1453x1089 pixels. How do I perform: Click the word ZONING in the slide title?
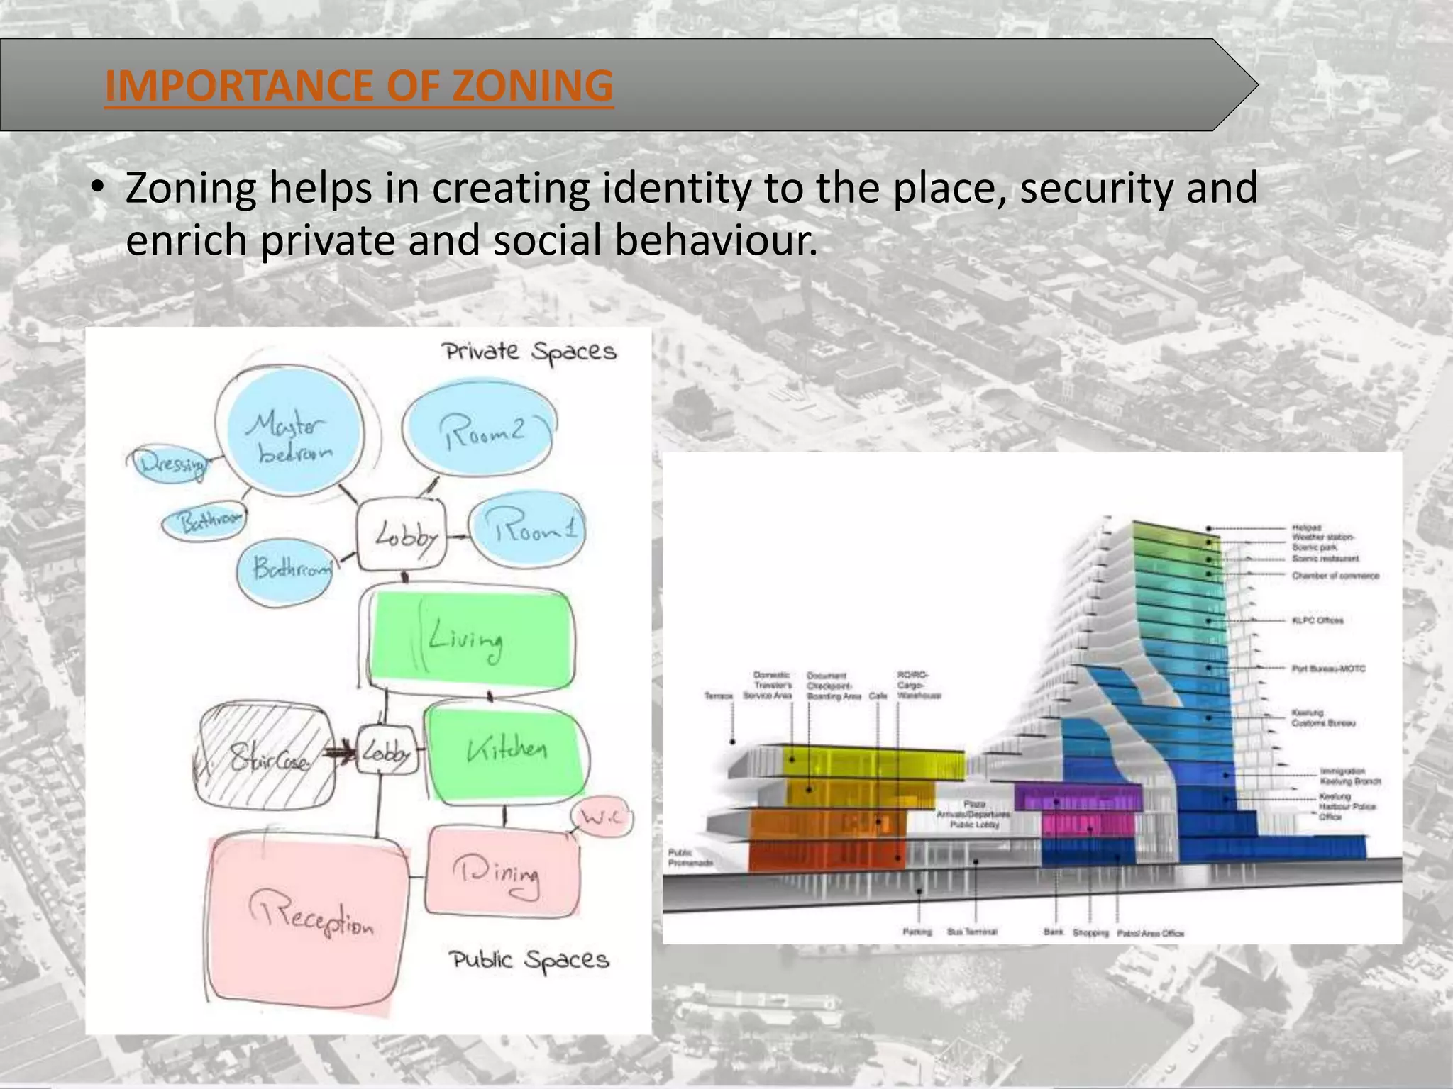tap(532, 86)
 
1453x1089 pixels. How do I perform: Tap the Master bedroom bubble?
tap(289, 435)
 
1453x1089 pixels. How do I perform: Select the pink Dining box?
tap(501, 872)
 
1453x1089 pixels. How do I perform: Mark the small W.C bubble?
tap(602, 818)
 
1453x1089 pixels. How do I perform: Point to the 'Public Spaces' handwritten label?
tap(529, 961)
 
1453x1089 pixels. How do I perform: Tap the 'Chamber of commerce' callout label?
tap(1335, 576)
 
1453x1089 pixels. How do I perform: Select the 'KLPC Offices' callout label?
tap(1317, 620)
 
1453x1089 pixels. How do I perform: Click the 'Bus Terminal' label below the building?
tap(972, 932)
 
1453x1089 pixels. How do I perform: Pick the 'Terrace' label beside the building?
tap(718, 696)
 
